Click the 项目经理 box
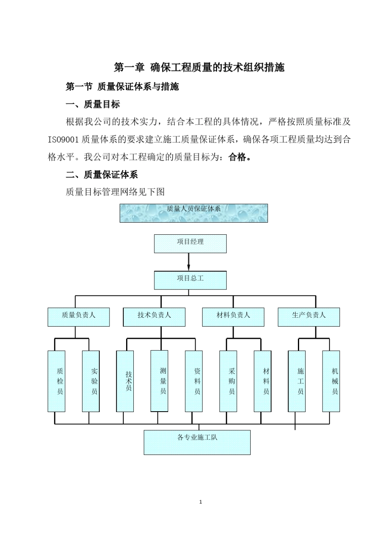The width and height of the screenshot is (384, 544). (190, 244)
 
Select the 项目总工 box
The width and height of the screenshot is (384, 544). (190, 280)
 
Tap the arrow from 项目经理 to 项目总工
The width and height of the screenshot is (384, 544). (188, 262)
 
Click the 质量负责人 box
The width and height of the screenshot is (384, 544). (78, 317)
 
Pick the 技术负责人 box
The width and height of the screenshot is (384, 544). (154, 317)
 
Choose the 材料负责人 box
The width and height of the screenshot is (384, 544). (233, 317)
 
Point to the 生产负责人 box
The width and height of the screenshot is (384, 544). (308, 317)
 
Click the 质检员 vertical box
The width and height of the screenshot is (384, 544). (56, 381)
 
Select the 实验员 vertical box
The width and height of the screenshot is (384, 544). (91, 381)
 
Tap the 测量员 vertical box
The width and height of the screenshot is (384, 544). (159, 380)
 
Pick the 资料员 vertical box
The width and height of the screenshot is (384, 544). (194, 381)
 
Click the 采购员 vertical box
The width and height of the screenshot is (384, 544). (228, 381)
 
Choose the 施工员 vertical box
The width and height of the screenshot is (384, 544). (297, 381)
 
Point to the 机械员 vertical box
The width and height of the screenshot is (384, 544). (331, 381)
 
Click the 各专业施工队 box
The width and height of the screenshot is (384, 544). (197, 442)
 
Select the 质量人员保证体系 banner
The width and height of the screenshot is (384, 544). (194, 213)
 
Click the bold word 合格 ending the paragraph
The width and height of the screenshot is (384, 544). (237, 157)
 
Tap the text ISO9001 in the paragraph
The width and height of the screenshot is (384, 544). (63, 140)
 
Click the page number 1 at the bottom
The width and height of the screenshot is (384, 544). (200, 502)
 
